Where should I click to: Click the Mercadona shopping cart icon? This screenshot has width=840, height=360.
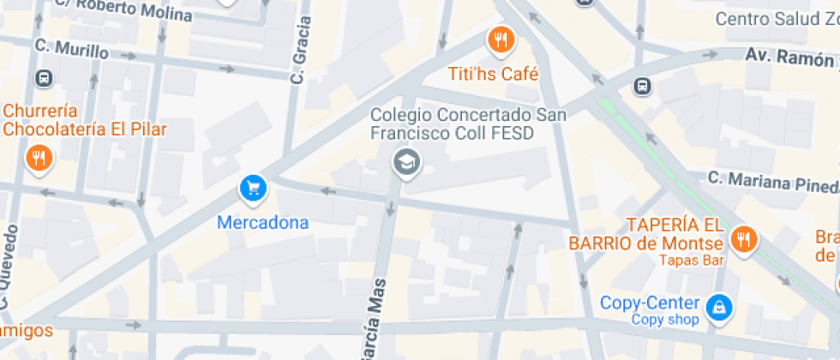pyautogui.click(x=253, y=187)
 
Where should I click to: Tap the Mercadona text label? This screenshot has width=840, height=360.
pyautogui.click(x=262, y=223)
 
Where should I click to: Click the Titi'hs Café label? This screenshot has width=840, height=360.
pyautogui.click(x=494, y=75)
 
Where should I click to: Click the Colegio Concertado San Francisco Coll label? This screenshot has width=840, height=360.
pyautogui.click(x=452, y=123)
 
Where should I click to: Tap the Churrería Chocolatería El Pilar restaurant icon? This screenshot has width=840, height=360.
pyautogui.click(x=39, y=158)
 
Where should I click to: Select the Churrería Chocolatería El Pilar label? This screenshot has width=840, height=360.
pyautogui.click(x=85, y=120)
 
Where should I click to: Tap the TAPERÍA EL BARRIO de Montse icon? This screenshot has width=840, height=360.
pyautogui.click(x=744, y=239)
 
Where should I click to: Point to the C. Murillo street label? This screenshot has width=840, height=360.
pyautogui.click(x=71, y=50)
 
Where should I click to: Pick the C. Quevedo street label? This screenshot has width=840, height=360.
pyautogui.click(x=9, y=267)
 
